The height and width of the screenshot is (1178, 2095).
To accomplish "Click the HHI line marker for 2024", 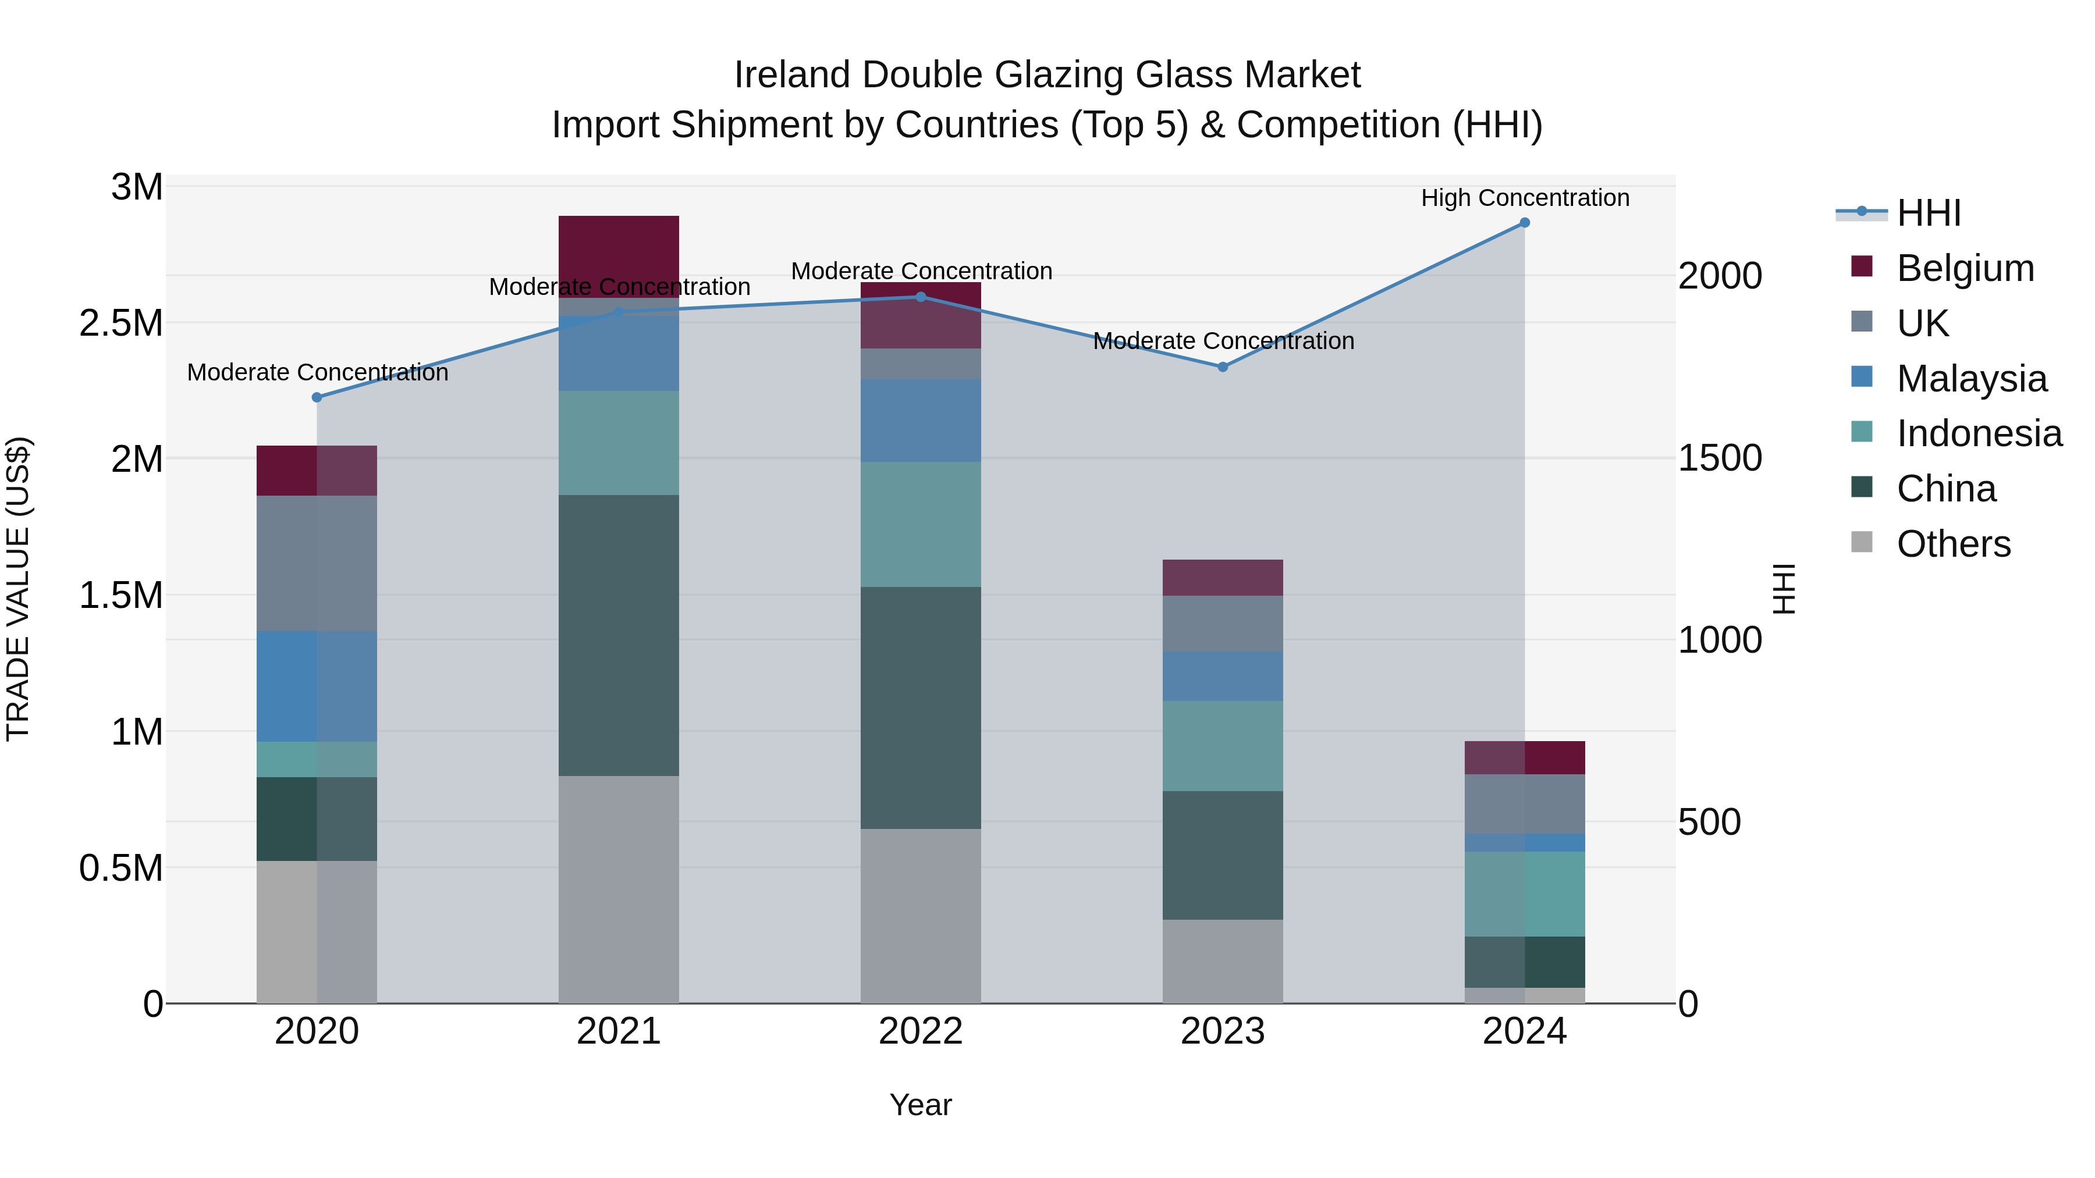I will pyautogui.click(x=1524, y=223).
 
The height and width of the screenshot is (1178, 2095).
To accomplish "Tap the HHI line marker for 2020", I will pyautogui.click(x=317, y=397).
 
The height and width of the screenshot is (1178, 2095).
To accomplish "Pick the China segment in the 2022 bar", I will pyautogui.click(x=921, y=707).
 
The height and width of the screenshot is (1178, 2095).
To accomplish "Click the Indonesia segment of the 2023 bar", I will pyautogui.click(x=1222, y=746).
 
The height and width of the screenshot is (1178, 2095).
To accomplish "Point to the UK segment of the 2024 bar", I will pyautogui.click(x=1524, y=803).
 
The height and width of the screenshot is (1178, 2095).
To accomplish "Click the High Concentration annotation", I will pyautogui.click(x=1524, y=198).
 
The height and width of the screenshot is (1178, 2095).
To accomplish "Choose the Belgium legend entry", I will pyautogui.click(x=1965, y=268).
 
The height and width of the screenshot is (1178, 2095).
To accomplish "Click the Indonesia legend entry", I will pyautogui.click(x=1979, y=433).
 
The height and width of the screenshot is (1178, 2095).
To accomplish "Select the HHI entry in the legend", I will pyautogui.click(x=1929, y=213).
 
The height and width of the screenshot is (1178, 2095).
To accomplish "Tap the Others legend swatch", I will pyautogui.click(x=1862, y=542).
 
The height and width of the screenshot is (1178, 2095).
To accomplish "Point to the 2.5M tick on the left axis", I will pyautogui.click(x=121, y=323).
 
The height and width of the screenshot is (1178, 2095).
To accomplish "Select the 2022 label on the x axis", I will pyautogui.click(x=921, y=1031).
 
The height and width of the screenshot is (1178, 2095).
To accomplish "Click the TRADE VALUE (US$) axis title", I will pyautogui.click(x=18, y=589).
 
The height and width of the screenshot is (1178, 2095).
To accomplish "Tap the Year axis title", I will pyautogui.click(x=921, y=1105).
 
